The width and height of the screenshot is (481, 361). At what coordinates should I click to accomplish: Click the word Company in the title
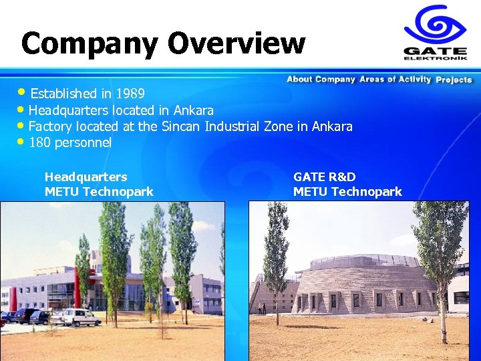pyautogui.click(x=90, y=43)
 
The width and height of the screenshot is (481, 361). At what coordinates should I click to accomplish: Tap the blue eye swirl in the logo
pyautogui.click(x=435, y=25)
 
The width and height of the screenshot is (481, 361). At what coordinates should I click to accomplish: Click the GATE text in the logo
pyautogui.click(x=435, y=50)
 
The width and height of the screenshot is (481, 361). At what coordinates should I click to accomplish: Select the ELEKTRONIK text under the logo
pyautogui.click(x=435, y=58)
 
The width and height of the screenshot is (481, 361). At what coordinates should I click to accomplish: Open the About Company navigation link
pyautogui.click(x=321, y=80)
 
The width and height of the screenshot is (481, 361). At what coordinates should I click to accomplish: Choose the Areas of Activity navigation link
pyautogui.click(x=395, y=80)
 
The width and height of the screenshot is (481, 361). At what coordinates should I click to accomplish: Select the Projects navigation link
pyautogui.click(x=454, y=80)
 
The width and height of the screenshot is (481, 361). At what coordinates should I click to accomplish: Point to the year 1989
pyautogui.click(x=130, y=93)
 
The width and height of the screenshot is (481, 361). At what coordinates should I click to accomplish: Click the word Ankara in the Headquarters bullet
pyautogui.click(x=193, y=110)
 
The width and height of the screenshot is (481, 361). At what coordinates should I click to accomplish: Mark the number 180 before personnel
pyautogui.click(x=40, y=142)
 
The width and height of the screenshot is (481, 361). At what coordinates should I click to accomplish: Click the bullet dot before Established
pyautogui.click(x=25, y=92)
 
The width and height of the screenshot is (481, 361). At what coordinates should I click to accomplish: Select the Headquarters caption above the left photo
pyautogui.click(x=86, y=176)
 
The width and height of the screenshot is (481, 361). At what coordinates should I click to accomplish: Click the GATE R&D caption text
pyautogui.click(x=325, y=176)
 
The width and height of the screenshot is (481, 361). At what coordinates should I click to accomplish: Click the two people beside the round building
pyautogui.click(x=261, y=308)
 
